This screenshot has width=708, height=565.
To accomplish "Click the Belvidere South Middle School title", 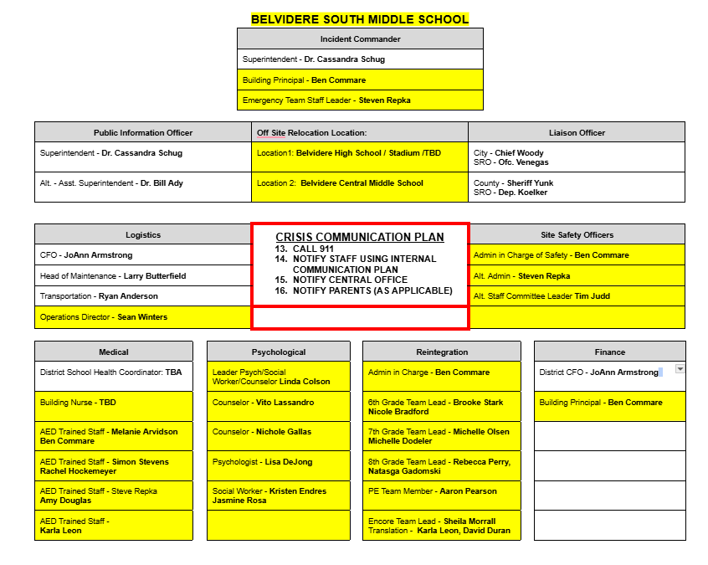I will [360, 18].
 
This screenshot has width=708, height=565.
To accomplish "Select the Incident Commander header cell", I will [360, 39].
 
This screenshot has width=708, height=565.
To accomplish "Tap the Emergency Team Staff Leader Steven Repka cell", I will [360, 100].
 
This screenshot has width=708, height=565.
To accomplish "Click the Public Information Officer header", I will [143, 132].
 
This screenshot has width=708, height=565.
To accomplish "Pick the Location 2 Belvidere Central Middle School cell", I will [360, 183].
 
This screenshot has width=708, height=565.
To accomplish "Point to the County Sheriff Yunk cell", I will [576, 187].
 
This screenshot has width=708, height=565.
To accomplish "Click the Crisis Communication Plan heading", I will [360, 238].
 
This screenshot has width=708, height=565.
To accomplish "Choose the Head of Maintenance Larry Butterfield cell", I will [143, 275].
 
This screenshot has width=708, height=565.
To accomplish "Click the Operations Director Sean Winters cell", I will [143, 317].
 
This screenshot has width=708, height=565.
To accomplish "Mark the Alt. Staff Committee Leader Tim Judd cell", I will [576, 296].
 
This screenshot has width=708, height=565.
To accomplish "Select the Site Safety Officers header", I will [577, 235].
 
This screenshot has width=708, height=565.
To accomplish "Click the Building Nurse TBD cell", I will [114, 403].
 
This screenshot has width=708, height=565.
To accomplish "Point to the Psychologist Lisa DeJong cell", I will [279, 462].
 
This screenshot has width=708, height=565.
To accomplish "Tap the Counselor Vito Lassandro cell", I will [279, 403].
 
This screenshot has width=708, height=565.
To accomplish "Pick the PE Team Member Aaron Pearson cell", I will [441, 491].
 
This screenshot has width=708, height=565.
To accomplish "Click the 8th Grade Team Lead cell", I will [441, 466].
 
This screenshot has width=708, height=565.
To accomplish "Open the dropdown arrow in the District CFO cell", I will [680, 369].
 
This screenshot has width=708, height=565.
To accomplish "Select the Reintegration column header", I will [442, 352].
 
